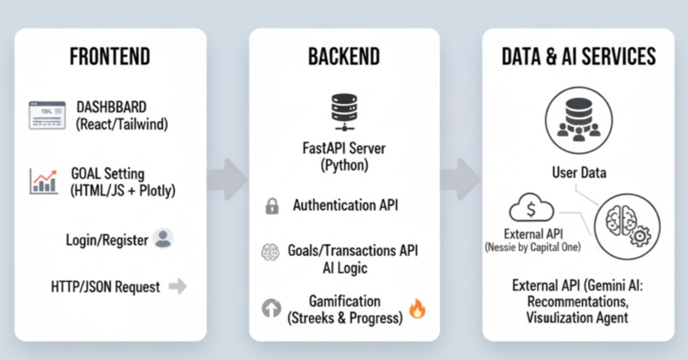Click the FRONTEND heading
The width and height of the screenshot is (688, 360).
[109, 57]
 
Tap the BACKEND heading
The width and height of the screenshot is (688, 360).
[343, 57]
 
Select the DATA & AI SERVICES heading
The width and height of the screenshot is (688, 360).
[579, 57]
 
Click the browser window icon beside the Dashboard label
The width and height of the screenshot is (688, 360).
[46, 114]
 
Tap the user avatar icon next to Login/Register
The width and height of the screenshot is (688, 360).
[163, 239]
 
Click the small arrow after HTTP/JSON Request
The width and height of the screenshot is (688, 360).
[178, 287]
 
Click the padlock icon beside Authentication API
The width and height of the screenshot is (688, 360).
[272, 206]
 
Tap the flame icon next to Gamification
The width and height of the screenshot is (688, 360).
[417, 309]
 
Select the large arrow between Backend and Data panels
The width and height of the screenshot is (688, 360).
[461, 179]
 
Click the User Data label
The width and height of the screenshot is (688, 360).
[579, 173]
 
